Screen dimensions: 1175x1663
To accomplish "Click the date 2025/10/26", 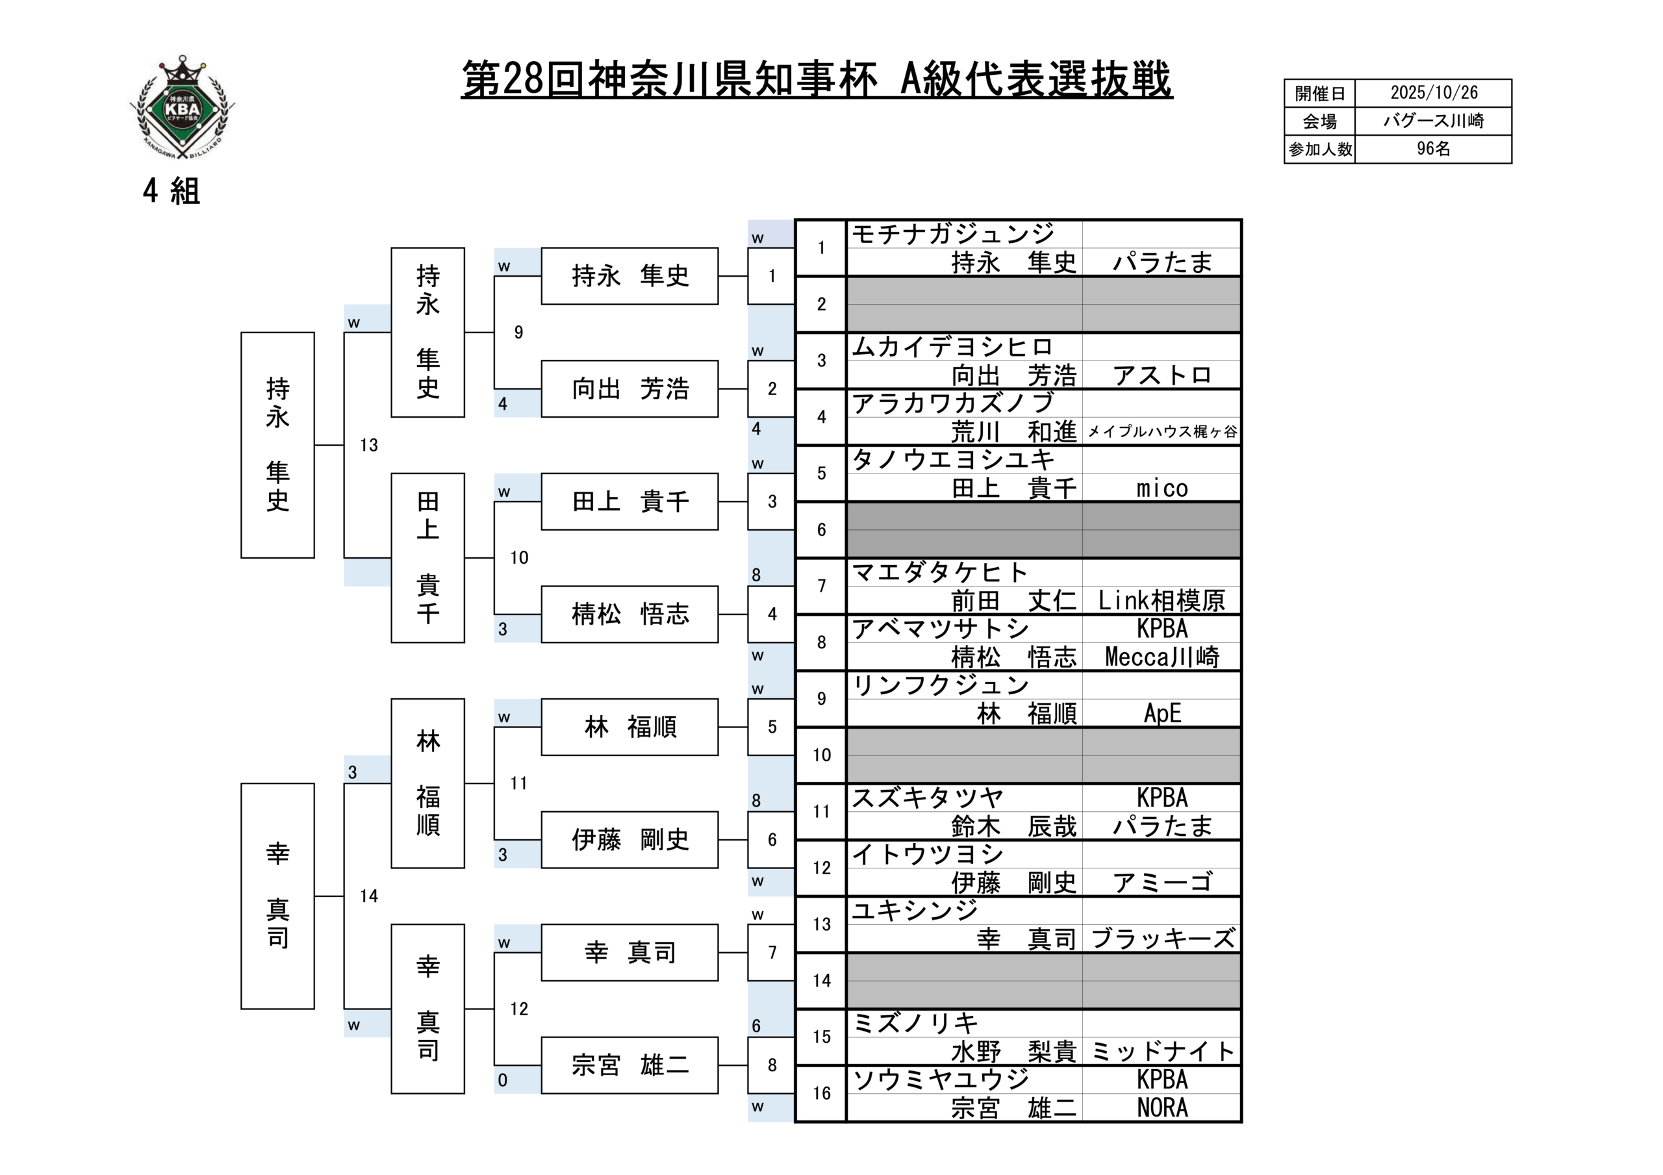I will click(x=1434, y=93).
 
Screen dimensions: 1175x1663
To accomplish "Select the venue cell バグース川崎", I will click(x=1434, y=121).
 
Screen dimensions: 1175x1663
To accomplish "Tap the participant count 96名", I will click(x=1434, y=149).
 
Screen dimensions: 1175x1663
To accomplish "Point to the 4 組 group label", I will click(x=171, y=191).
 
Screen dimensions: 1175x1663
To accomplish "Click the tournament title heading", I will click(x=817, y=80).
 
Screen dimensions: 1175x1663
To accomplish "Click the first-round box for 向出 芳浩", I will click(x=629, y=389).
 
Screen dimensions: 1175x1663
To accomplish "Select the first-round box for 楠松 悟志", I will click(x=629, y=614).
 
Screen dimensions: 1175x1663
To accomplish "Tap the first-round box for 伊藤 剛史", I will click(x=629, y=840).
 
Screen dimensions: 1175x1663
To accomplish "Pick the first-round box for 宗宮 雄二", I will click(x=629, y=1065).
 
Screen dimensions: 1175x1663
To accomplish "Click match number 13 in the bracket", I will click(x=369, y=446).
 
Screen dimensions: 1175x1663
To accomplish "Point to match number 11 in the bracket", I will click(x=518, y=783).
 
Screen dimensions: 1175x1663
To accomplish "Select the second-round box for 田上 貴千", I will click(x=427, y=558).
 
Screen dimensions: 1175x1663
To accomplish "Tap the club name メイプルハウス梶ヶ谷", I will click(x=1162, y=433).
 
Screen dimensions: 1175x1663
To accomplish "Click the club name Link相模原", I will click(x=1162, y=601).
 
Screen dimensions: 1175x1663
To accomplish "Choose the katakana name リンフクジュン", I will click(x=940, y=685).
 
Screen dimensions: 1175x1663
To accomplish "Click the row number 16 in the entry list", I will click(x=821, y=1093).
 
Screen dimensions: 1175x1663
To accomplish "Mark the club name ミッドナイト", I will click(x=1162, y=1051).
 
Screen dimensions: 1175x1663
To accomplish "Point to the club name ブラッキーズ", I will click(x=1162, y=939).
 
